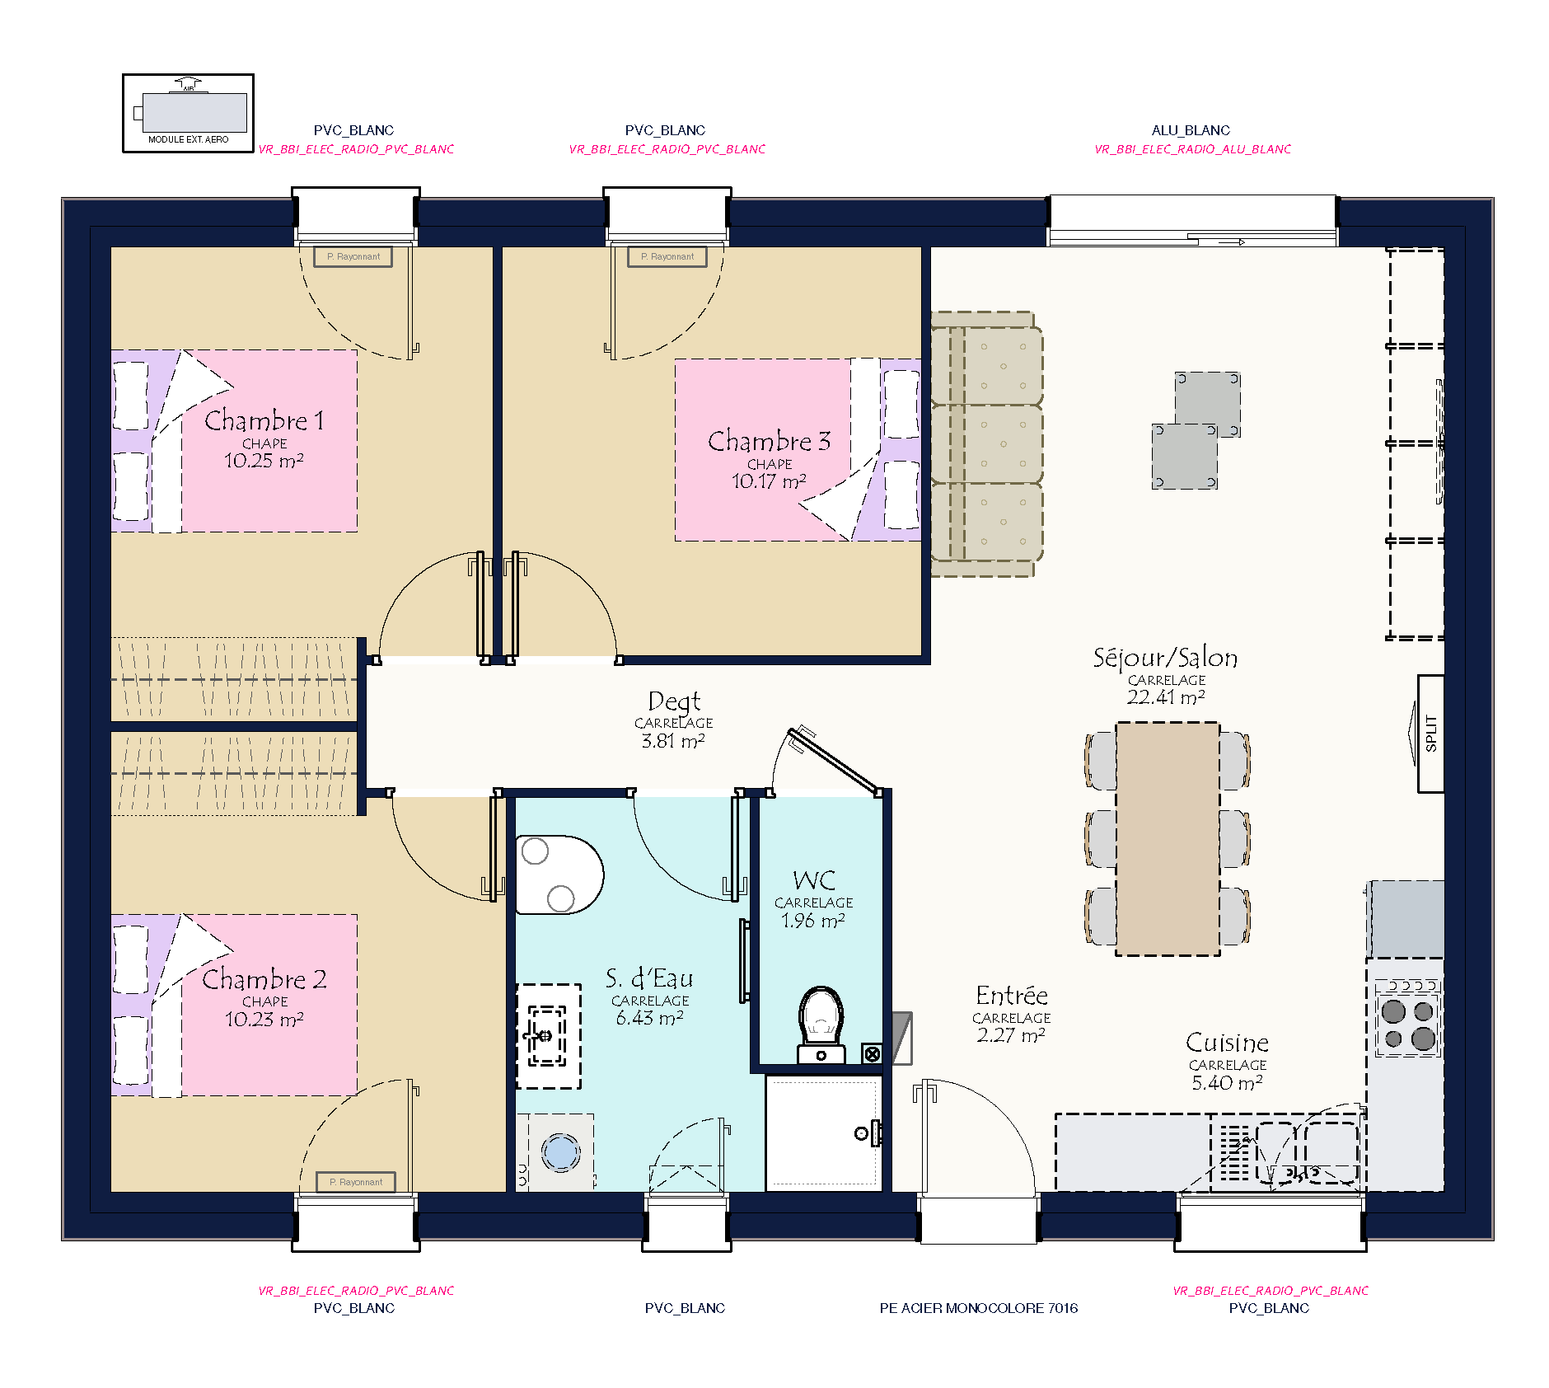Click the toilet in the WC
pyautogui.click(x=821, y=1025)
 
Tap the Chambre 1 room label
pyautogui.click(x=264, y=420)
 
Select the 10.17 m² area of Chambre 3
pyautogui.click(x=769, y=481)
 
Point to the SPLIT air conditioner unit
pyautogui.click(x=1430, y=733)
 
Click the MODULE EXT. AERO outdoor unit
pyautogui.click(x=189, y=113)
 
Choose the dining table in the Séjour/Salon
pyautogui.click(x=1168, y=838)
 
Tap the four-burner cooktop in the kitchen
pyautogui.click(x=1407, y=1019)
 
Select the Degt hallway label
pyautogui.click(x=674, y=701)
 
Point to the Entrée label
pyautogui.click(x=1012, y=996)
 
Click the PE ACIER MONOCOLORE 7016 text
pyautogui.click(x=979, y=1308)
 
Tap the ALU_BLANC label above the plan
pyautogui.click(x=1191, y=130)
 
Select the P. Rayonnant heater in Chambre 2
pyautogui.click(x=356, y=1182)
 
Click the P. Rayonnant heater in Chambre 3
pyautogui.click(x=667, y=256)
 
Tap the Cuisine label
pyautogui.click(x=1227, y=1043)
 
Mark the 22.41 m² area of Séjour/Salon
pyautogui.click(x=1166, y=697)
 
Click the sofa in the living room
pyautogui.click(x=986, y=444)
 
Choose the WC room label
pyautogui.click(x=814, y=880)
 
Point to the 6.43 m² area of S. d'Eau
pyautogui.click(x=650, y=1018)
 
